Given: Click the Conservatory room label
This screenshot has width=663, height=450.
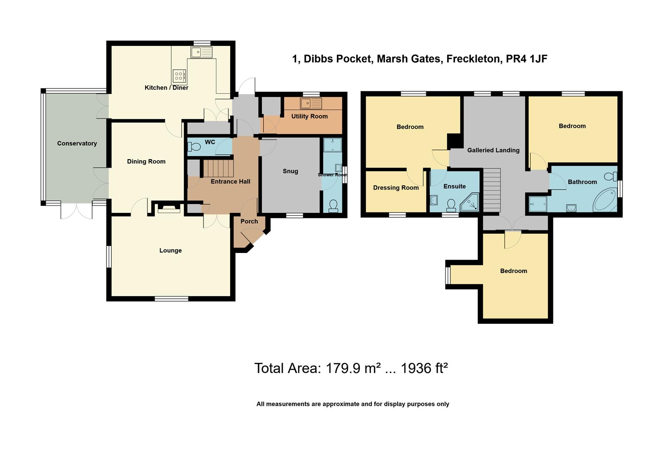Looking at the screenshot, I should click(77, 143).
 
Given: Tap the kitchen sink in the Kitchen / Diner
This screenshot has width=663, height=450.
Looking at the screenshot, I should click(201, 52).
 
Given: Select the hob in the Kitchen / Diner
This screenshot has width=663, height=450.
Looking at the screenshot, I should click(178, 76).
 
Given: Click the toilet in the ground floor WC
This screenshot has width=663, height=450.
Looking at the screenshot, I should click(194, 147).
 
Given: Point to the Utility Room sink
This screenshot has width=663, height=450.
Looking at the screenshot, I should click(311, 103).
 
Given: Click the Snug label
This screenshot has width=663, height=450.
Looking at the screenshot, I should click(290, 171).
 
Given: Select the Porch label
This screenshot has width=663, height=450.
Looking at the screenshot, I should click(249, 221).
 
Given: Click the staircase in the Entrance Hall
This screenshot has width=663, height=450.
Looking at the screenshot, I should click(218, 168).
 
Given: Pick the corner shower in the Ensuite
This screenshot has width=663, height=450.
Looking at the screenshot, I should click(470, 203).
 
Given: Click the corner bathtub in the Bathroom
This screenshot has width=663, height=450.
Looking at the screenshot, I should click(605, 200).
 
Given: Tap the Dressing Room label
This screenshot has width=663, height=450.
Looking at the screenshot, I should click(395, 188).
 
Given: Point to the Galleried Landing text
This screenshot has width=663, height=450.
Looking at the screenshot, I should click(493, 150).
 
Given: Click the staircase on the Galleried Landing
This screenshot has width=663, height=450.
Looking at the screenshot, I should click(492, 190).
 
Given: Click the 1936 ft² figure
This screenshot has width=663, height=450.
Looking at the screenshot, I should click(424, 368).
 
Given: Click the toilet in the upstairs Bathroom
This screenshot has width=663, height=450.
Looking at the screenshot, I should click(611, 176).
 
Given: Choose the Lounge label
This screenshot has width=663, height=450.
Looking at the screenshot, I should click(170, 250).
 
